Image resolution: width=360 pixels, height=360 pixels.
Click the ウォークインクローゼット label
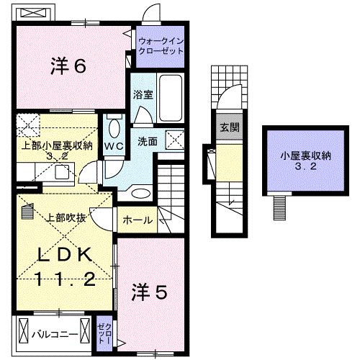(160, 47)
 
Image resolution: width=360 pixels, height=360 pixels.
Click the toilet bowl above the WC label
(114, 128)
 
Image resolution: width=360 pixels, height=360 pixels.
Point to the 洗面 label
(148, 141)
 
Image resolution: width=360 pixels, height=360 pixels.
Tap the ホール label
(136, 220)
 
